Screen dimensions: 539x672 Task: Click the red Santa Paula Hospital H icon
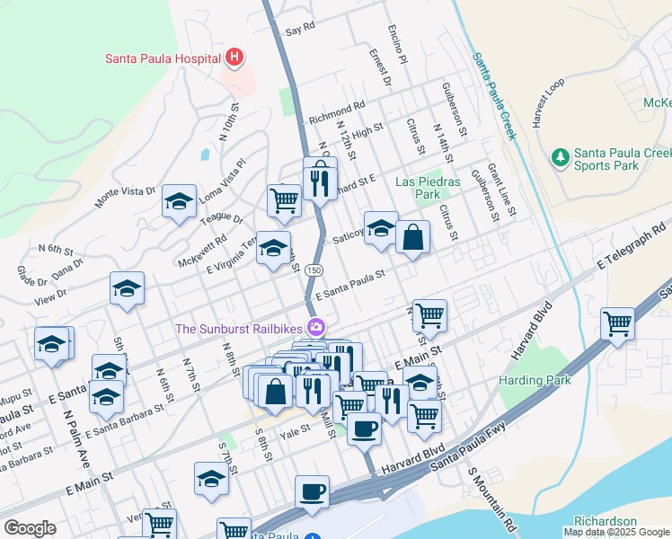pos(234,59)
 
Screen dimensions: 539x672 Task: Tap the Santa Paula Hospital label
pos(163,59)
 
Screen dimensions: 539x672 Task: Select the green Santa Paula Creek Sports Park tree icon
pos(561,158)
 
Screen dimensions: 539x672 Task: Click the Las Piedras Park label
pos(428,188)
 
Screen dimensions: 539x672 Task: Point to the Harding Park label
pos(535,380)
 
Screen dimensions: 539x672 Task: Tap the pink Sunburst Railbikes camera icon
pos(315,328)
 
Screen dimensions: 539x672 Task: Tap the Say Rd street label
pos(300,29)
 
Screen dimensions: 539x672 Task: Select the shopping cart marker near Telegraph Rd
pos(617,323)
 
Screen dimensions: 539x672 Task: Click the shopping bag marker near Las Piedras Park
pos(412,237)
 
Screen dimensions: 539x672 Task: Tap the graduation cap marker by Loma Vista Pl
pos(179,202)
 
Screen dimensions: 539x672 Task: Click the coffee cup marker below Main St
pos(312,490)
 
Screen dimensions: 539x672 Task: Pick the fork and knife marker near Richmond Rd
pos(321,185)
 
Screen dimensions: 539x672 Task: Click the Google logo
pos(31,528)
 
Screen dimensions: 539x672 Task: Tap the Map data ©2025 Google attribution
pos(617,532)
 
